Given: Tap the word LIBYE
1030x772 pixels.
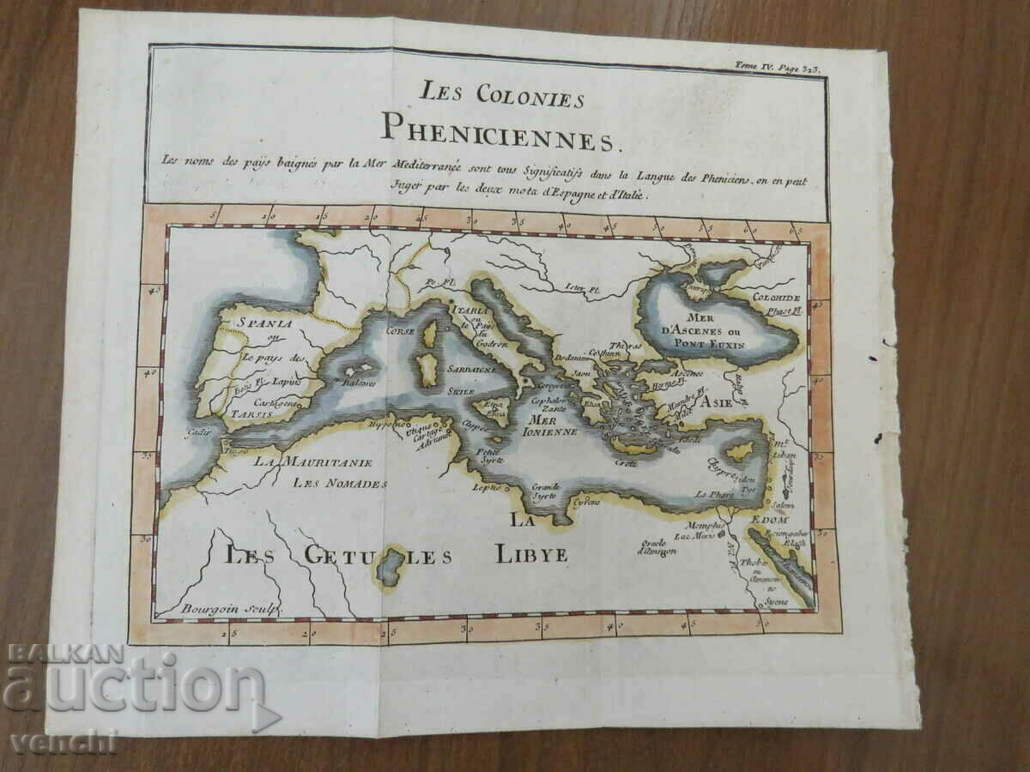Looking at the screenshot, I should [531, 554].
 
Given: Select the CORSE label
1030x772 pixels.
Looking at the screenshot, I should [401, 329].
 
